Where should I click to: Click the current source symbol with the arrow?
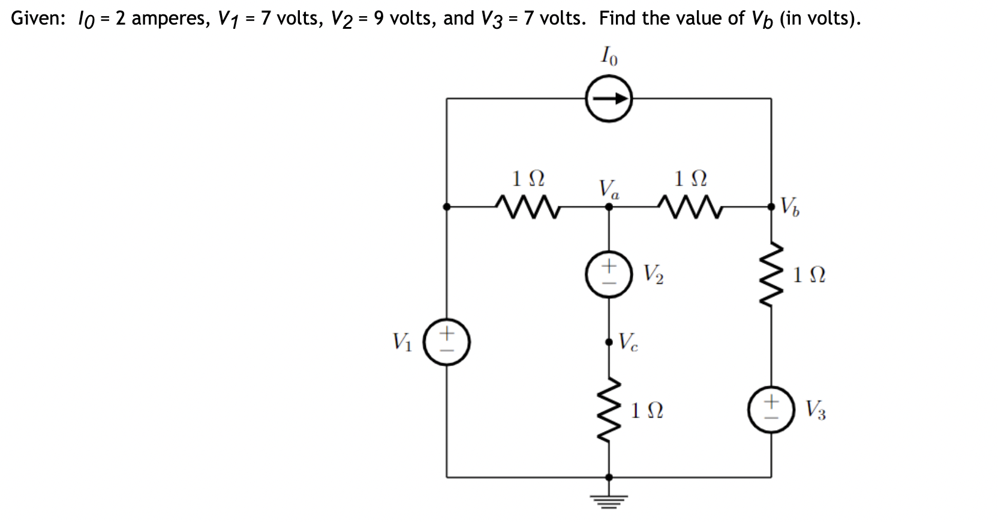(609, 98)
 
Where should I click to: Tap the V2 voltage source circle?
(609, 274)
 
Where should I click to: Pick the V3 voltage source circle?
(771, 410)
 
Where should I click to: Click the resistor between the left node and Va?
(528, 207)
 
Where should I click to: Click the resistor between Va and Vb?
(689, 207)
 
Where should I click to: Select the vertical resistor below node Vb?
(771, 274)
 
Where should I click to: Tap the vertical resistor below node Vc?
(609, 410)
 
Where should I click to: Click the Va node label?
(609, 190)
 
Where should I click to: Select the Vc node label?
(628, 342)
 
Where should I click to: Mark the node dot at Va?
(609, 207)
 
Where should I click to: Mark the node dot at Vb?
(771, 207)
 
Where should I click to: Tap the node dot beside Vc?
(609, 342)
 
